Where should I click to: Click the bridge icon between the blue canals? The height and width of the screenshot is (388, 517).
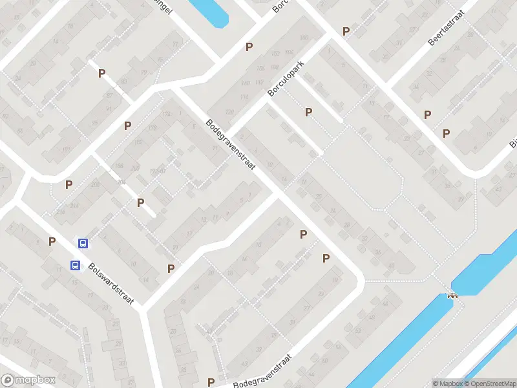(452, 296)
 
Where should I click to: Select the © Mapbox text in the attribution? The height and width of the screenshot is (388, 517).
(447, 383)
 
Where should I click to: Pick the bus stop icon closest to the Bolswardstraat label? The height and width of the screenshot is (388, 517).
(76, 265)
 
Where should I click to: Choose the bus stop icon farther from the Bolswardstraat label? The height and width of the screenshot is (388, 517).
(83, 243)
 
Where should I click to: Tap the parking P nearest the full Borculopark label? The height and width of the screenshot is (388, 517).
(308, 112)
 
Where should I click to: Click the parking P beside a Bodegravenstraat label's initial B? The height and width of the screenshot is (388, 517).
(211, 382)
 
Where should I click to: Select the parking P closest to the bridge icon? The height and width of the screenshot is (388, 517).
(326, 258)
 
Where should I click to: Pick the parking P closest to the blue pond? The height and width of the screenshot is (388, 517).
(249, 47)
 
